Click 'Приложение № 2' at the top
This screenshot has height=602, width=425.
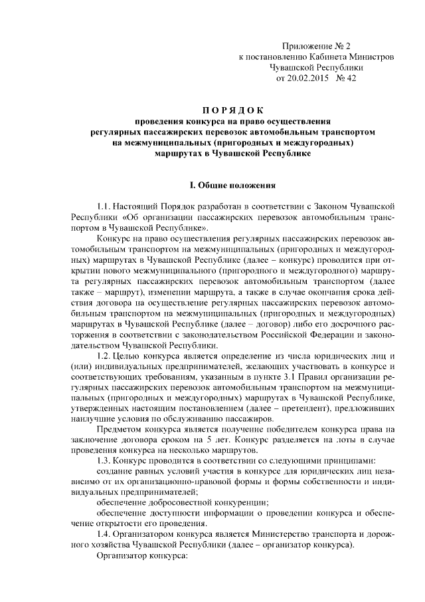click(x=315, y=46)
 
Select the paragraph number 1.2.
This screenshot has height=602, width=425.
click(x=104, y=357)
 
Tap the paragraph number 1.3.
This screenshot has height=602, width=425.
click(x=104, y=461)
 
